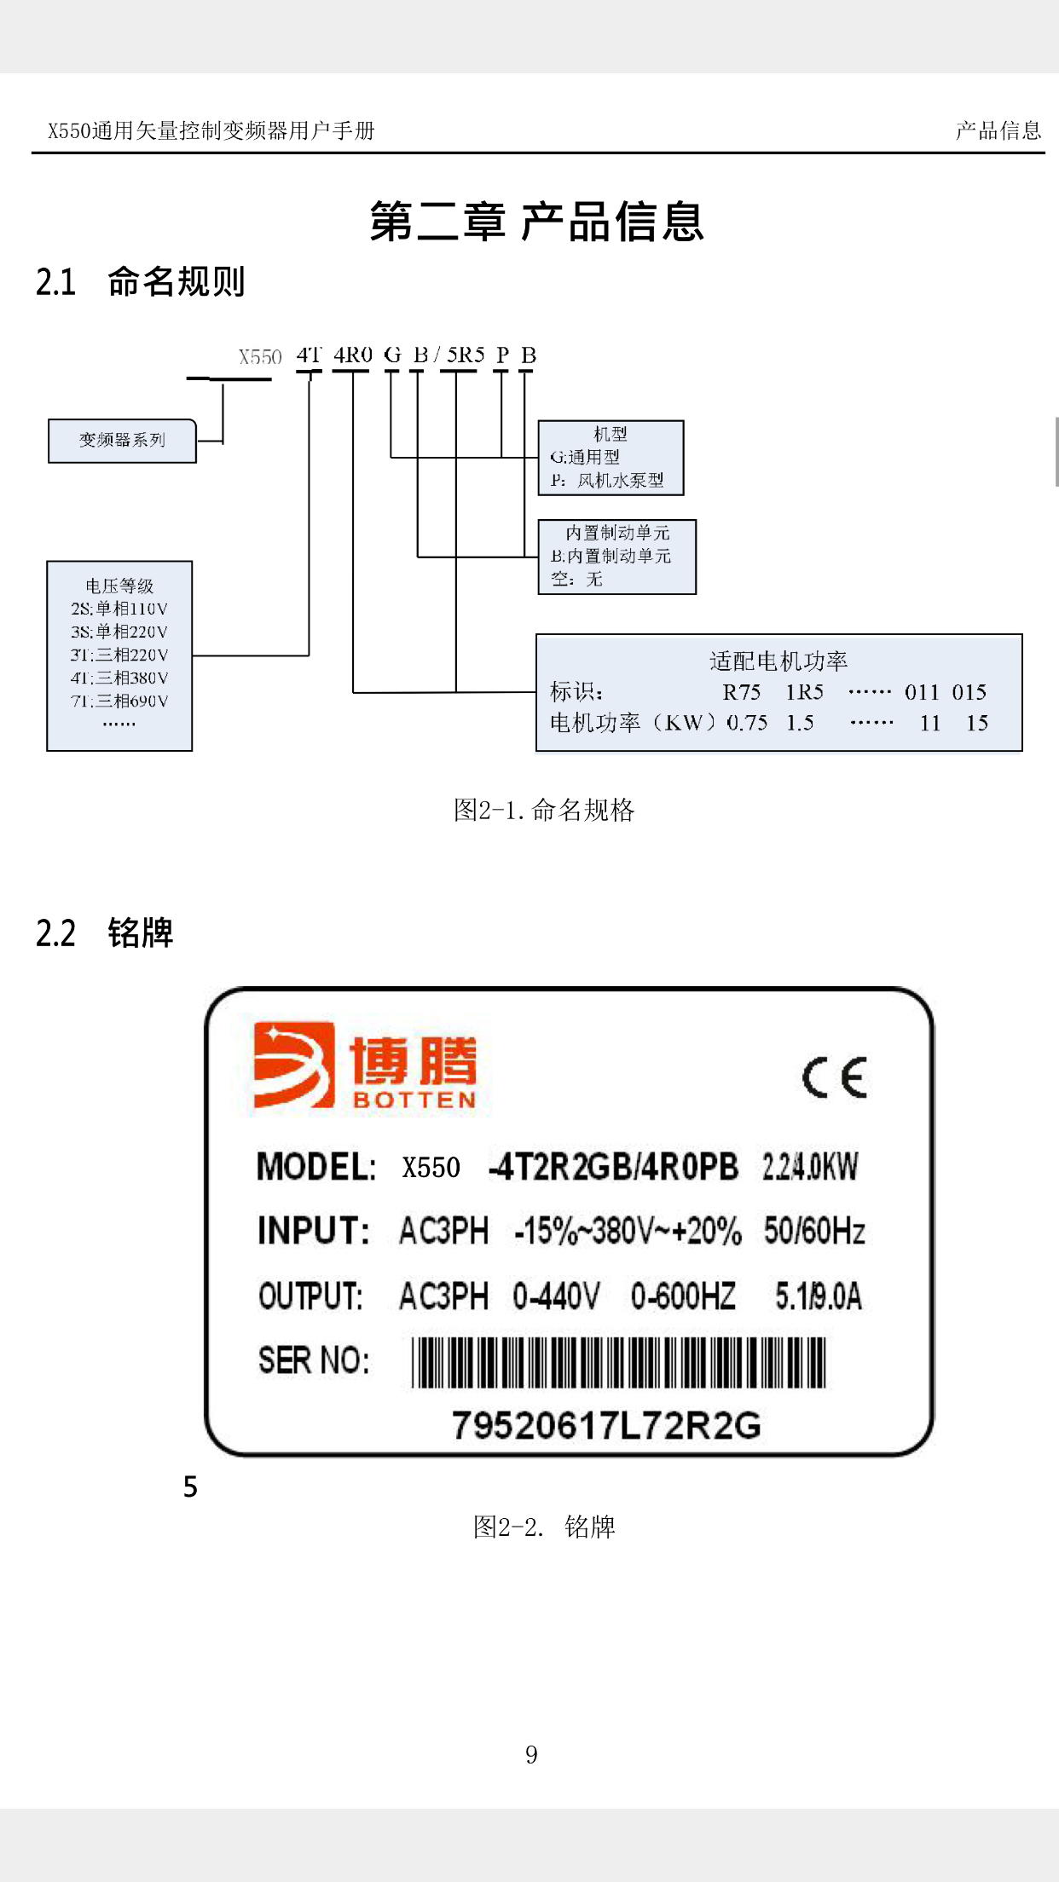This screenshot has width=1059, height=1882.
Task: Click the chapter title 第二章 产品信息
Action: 536,222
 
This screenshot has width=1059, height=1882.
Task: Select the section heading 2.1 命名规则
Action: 141,282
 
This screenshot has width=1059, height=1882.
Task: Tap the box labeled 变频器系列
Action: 122,441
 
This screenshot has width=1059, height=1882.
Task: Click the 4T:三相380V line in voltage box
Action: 119,678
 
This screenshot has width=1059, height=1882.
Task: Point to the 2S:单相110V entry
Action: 119,609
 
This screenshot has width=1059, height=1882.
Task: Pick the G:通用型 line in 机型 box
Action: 585,458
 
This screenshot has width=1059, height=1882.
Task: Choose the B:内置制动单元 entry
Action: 611,557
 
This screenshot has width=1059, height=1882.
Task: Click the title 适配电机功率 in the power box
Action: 778,661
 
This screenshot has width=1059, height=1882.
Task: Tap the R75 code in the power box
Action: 741,692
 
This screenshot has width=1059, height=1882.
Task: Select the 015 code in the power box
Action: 969,692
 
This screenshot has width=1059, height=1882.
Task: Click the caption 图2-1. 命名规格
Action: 543,810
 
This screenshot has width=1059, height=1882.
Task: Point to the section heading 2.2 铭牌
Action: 105,933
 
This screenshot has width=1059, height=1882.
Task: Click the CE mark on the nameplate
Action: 834,1078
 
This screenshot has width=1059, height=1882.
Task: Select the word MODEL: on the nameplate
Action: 316,1167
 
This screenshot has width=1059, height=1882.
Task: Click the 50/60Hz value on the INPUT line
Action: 813,1231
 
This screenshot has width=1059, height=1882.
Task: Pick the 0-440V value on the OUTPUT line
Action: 556,1296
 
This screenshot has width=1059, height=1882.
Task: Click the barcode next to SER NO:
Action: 619,1362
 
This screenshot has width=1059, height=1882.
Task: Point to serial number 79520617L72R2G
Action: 606,1425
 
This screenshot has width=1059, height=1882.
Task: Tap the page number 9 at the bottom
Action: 531,1754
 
